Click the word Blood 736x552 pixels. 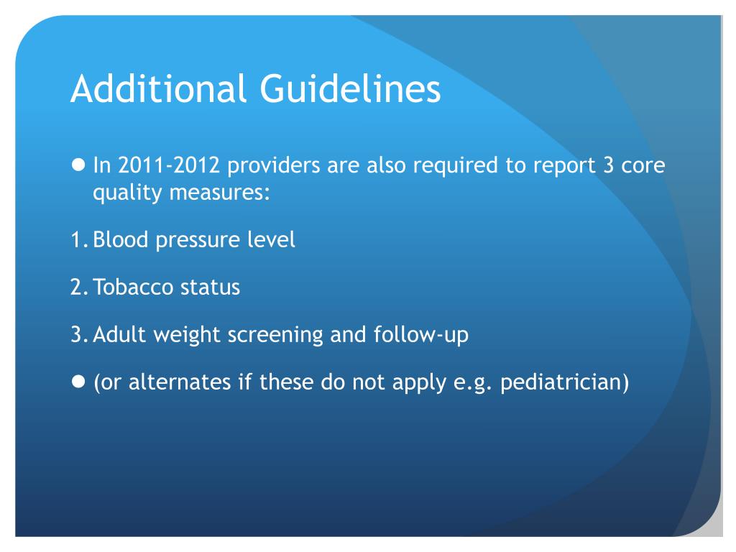[x=120, y=239]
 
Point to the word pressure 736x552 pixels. [x=193, y=239]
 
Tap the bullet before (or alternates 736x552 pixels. [x=79, y=381]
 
